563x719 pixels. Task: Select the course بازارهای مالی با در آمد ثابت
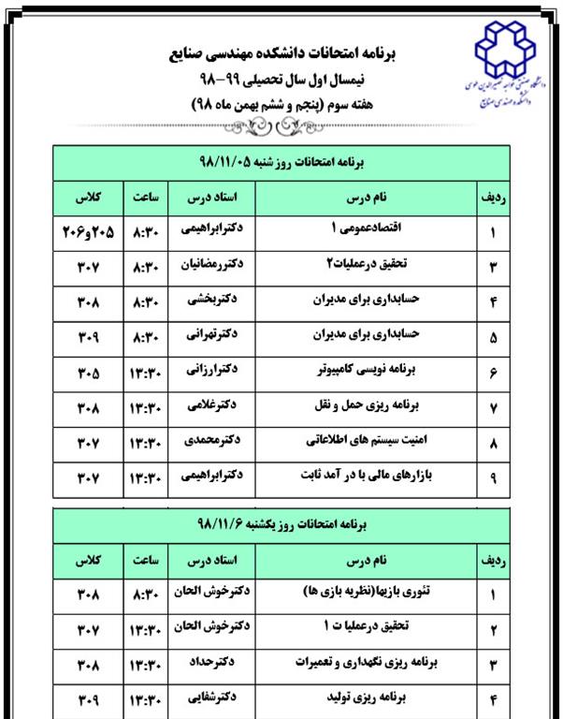tap(367, 477)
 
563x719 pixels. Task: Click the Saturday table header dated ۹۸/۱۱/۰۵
tap(281, 161)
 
